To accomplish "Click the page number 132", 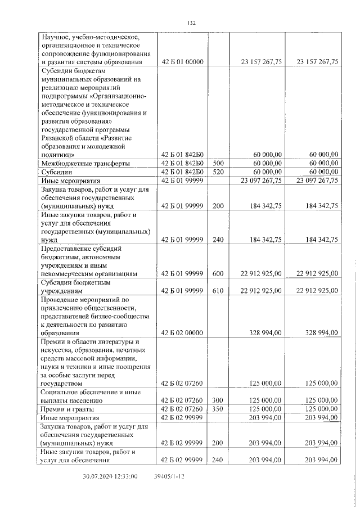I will (x=191, y=22).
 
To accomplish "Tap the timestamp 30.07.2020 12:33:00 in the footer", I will (x=110, y=476).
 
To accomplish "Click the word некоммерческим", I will (x=68, y=274).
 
